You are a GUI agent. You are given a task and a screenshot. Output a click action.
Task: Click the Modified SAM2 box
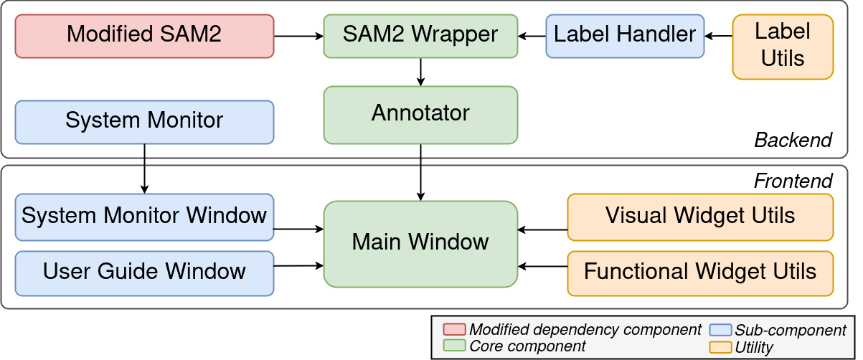[144, 35]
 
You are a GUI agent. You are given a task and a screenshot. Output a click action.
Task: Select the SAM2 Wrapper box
[420, 35]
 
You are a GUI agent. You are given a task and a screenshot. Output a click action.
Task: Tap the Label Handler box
[625, 35]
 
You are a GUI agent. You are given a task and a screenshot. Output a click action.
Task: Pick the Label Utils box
[783, 46]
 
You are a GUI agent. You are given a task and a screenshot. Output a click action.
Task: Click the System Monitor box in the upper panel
[144, 121]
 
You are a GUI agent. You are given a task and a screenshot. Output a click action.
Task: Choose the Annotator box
[420, 114]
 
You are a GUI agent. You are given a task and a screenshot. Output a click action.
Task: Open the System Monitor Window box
[144, 216]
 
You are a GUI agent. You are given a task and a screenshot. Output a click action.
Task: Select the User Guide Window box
[144, 272]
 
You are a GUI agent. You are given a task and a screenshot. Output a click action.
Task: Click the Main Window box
[420, 243]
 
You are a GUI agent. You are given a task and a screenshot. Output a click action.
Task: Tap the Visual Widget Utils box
[700, 216]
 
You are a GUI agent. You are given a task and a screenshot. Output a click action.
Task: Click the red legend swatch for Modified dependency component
[454, 330]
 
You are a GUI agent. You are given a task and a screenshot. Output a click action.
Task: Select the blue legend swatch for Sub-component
[720, 331]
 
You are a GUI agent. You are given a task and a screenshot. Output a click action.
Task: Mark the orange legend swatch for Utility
[720, 348]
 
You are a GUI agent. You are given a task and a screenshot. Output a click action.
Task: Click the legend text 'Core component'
[527, 346]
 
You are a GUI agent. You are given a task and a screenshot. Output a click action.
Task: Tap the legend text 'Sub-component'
[791, 331]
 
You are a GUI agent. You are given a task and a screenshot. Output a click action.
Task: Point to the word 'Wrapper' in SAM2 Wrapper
[459, 34]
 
